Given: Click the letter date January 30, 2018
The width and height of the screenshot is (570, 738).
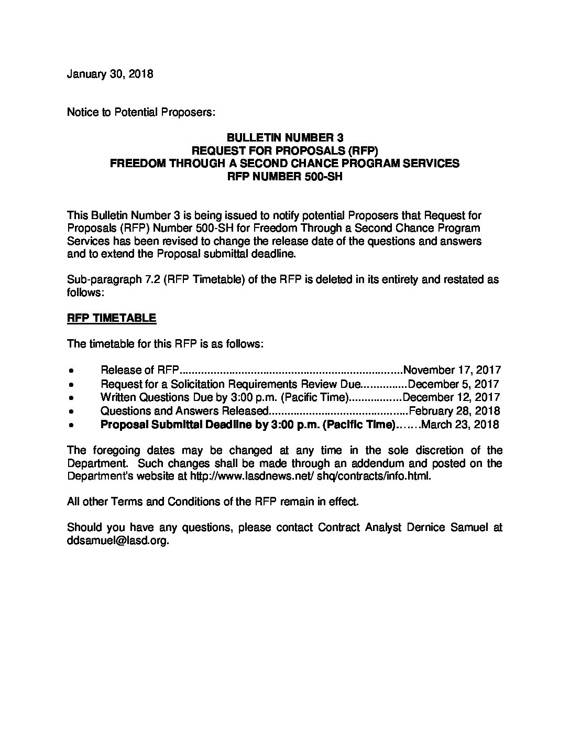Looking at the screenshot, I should [110, 74].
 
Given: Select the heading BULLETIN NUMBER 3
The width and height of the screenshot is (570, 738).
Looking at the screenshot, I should [284, 138].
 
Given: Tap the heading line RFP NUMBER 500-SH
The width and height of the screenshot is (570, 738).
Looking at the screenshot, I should [284, 177].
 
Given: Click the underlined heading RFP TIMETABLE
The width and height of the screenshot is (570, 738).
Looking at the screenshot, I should [112, 318].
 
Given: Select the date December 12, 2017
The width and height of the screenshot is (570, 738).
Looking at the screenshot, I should [451, 397].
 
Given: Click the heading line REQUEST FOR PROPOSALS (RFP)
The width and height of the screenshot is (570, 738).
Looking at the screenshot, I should [284, 150].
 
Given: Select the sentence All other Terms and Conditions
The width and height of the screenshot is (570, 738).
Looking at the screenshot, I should [213, 502].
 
